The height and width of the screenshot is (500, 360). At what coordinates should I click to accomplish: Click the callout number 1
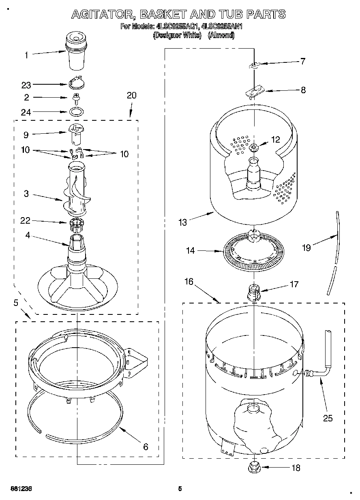(x=27, y=56)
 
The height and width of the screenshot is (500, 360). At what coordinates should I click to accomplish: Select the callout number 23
(x=26, y=85)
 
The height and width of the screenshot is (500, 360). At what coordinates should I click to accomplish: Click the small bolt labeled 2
(x=75, y=98)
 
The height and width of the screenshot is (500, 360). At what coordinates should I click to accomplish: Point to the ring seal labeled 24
(x=76, y=111)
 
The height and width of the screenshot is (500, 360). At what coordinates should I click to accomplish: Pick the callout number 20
(x=132, y=96)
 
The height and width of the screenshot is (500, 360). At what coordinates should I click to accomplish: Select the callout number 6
(x=146, y=447)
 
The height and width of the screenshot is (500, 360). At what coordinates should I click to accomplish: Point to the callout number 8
(x=303, y=90)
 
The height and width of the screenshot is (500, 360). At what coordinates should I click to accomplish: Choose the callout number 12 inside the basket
(x=275, y=139)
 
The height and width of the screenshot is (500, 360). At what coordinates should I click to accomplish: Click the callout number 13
(x=183, y=222)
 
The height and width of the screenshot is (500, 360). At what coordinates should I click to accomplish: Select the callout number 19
(x=306, y=248)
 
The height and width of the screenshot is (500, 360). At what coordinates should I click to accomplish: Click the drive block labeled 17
(x=253, y=293)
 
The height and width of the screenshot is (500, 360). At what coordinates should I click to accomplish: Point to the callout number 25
(x=328, y=418)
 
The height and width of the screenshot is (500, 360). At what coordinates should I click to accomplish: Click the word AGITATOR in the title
(x=103, y=15)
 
